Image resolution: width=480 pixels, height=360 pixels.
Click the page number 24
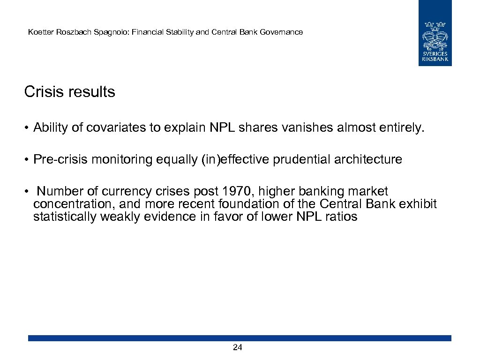click(238, 347)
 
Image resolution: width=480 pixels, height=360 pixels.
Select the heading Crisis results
click(69, 92)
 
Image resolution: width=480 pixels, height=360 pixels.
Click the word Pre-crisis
click(60, 160)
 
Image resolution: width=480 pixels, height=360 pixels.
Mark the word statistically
click(62, 217)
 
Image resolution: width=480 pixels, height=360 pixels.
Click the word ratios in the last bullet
click(343, 217)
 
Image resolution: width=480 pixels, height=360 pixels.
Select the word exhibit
click(419, 204)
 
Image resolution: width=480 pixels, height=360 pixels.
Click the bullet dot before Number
click(28, 192)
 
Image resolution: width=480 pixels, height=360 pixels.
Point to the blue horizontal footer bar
click(240, 338)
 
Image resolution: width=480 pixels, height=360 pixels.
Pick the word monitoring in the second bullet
click(122, 160)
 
